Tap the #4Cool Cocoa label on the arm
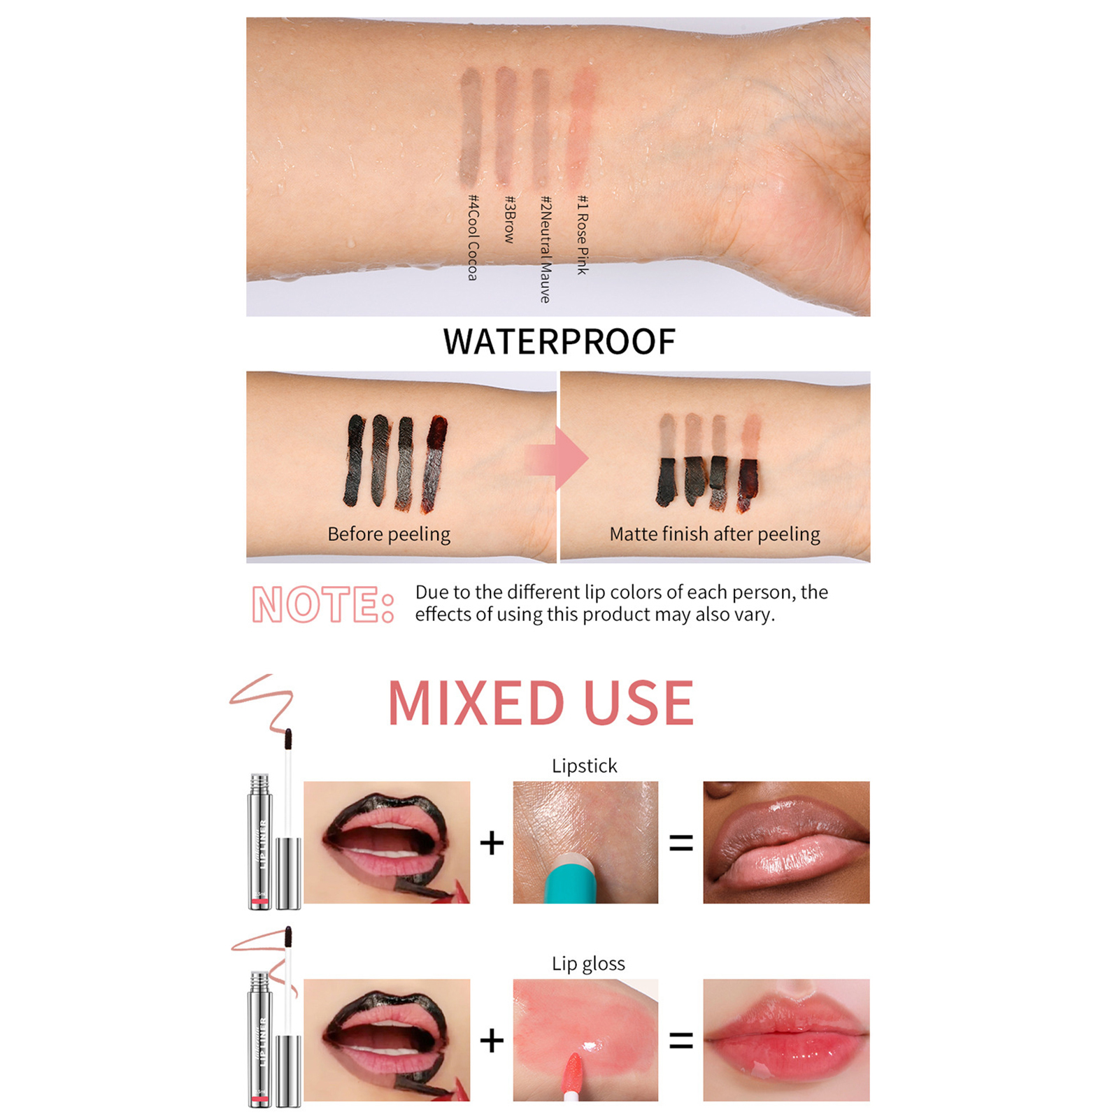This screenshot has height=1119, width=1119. pyautogui.click(x=473, y=238)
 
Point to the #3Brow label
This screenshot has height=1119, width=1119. pyautogui.click(x=510, y=219)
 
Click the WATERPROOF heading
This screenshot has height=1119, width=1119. pyautogui.click(x=559, y=342)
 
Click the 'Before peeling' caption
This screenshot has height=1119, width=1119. pyautogui.click(x=389, y=534)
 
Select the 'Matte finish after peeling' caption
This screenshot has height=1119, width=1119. pyautogui.click(x=715, y=534)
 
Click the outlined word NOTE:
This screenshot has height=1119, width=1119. pyautogui.click(x=323, y=604)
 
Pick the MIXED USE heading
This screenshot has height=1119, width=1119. pyautogui.click(x=541, y=703)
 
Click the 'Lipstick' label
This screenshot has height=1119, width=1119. pyautogui.click(x=585, y=766)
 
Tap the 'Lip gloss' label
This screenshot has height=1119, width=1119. pyautogui.click(x=588, y=964)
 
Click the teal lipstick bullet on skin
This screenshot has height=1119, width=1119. pyautogui.click(x=570, y=881)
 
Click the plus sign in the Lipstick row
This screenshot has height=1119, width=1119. pyautogui.click(x=492, y=843)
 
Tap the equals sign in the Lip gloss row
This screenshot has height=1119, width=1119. pyautogui.click(x=681, y=1041)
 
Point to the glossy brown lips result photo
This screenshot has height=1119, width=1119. pyautogui.click(x=786, y=842)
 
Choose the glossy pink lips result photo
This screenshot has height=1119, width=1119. pyautogui.click(x=786, y=1040)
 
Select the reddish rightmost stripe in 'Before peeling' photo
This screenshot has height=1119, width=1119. pyautogui.click(x=434, y=462)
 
